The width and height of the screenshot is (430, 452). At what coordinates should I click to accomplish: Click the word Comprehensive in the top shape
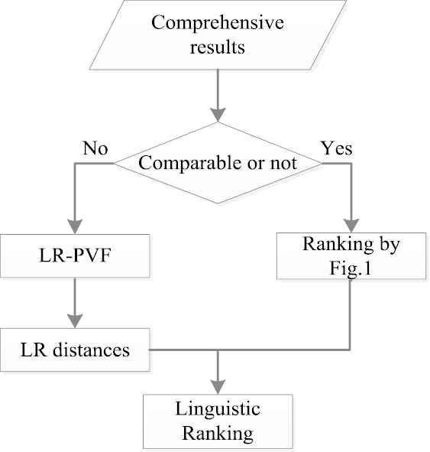[218, 23]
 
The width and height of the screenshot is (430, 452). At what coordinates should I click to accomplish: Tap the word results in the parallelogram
[218, 47]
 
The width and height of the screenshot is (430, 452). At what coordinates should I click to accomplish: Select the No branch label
[95, 148]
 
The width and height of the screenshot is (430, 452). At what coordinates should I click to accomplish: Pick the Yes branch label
[337, 148]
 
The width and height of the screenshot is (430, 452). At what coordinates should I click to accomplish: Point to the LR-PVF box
[75, 256]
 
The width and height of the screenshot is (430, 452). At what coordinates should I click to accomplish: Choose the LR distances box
[75, 350]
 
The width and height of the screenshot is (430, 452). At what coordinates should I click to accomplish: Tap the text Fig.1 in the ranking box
[351, 268]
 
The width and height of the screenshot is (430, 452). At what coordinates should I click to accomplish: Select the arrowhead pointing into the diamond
[218, 115]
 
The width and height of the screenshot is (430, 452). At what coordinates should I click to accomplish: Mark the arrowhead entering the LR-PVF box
[75, 226]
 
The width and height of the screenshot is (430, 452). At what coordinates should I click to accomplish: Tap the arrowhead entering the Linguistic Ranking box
[218, 387]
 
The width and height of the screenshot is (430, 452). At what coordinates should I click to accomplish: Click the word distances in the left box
[91, 350]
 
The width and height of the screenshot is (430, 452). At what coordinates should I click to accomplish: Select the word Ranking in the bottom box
[218, 434]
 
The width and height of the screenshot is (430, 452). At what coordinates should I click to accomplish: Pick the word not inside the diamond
[283, 164]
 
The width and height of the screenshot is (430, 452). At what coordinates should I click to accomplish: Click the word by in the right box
[390, 245]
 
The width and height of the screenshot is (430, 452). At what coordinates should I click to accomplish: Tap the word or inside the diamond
[256, 164]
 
